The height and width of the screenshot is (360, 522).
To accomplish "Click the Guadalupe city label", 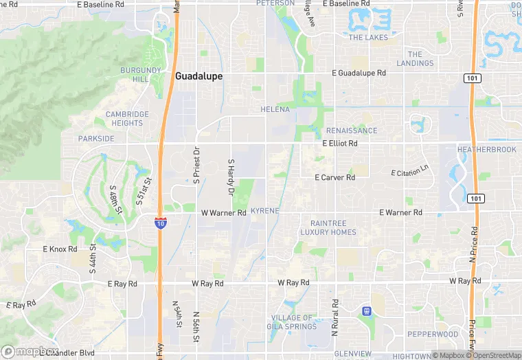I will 198,76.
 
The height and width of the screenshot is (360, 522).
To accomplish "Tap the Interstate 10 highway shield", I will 160,223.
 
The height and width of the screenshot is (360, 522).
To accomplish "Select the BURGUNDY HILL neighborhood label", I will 140,74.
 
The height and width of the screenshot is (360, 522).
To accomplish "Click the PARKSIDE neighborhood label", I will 96,138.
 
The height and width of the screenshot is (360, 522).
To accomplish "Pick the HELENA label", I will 275,109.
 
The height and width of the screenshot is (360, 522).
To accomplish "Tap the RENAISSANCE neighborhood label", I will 352,131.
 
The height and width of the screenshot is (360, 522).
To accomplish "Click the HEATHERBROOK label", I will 486,149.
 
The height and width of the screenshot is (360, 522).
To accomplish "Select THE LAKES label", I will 368,38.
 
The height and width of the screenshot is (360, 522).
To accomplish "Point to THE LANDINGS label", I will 415,59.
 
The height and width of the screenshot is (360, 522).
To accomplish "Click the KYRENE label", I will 264,210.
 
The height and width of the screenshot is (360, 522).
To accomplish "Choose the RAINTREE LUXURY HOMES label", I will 328,227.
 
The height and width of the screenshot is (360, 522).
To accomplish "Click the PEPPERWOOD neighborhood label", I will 433,334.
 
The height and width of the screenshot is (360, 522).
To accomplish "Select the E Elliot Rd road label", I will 340,144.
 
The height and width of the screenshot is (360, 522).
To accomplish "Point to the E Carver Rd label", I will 334,177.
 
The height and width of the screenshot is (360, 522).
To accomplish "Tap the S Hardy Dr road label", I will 231,177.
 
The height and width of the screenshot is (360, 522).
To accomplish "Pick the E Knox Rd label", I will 60,249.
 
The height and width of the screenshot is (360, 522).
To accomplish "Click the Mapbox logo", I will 29,351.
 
